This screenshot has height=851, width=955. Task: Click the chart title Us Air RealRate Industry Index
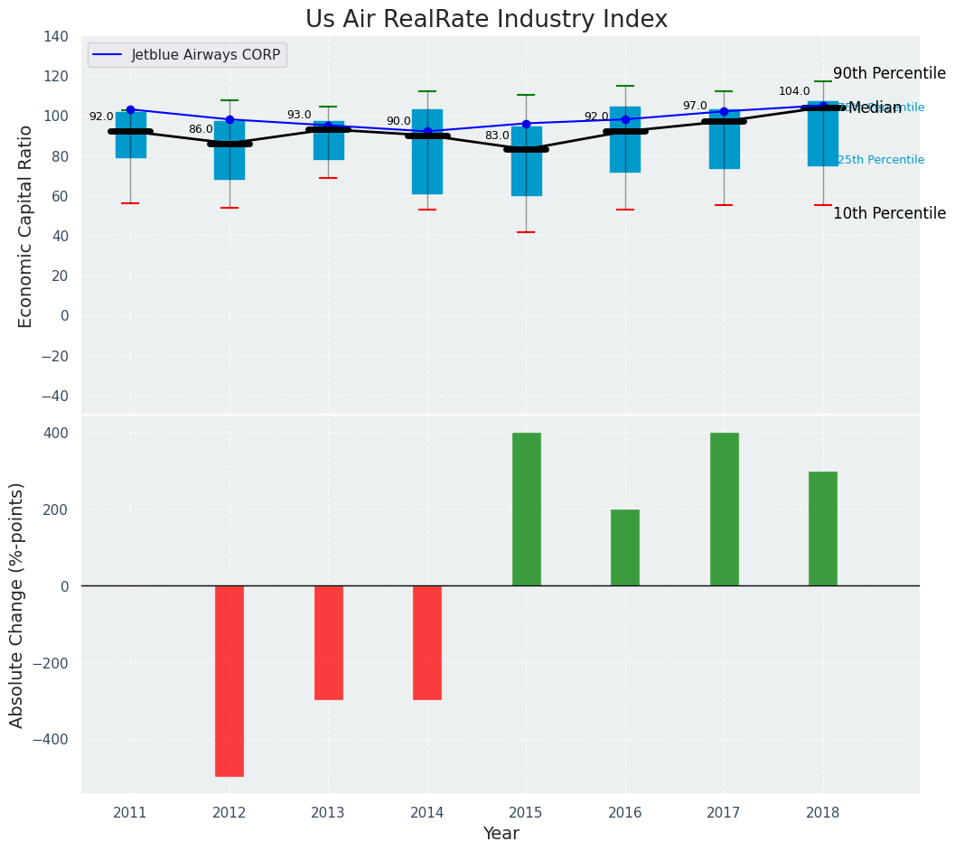point(486,20)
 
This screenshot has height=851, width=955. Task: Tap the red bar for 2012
point(229,680)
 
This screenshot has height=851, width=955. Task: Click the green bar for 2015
point(526,509)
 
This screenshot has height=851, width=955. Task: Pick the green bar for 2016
point(625,547)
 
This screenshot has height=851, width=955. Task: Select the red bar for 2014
point(427,642)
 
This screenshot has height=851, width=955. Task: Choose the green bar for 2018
point(823,528)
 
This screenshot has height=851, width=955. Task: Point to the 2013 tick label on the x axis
point(328,813)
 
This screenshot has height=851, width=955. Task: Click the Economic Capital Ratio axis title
point(26,226)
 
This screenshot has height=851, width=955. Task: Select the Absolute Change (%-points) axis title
point(17,604)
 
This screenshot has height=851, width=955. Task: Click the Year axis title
point(501,834)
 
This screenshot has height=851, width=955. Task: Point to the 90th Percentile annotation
point(889,74)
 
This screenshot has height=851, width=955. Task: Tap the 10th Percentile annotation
point(889,214)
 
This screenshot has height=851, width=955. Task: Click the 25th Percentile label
point(881,160)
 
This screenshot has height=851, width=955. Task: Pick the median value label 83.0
point(497,136)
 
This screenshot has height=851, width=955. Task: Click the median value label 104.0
point(794,92)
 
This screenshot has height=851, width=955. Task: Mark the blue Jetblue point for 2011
point(130,110)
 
